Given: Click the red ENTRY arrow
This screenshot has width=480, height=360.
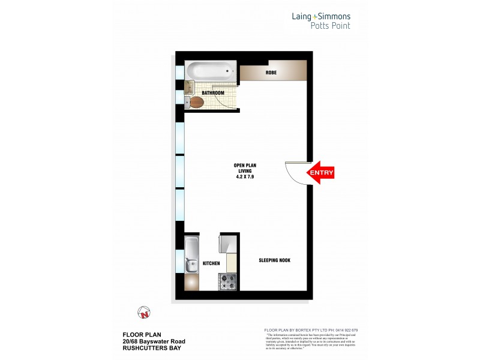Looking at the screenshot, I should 320,173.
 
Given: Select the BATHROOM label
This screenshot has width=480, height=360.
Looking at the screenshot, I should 212,93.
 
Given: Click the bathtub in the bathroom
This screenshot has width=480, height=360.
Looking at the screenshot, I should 209,73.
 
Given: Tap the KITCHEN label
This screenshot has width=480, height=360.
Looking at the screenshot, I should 211,263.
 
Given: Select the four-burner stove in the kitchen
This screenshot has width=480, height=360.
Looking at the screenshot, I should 228,280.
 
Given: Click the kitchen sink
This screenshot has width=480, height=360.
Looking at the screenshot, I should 191,263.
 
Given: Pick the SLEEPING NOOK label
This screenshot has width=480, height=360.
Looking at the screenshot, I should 274,260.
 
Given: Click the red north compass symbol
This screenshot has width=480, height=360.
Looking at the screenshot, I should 143,313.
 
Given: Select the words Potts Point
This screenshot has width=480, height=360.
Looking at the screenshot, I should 330,26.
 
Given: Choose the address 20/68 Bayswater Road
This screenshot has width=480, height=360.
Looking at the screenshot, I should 154,341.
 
